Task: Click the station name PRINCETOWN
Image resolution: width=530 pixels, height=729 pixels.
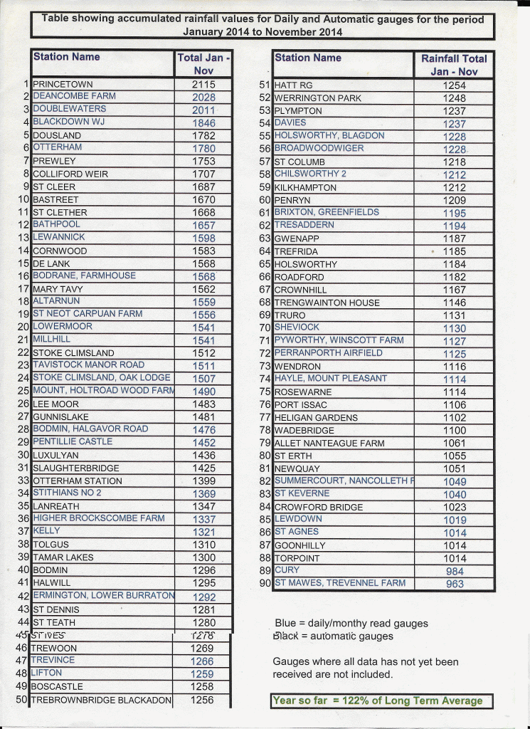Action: click(x=63, y=83)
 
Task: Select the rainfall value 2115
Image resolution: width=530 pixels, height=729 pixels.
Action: click(x=203, y=84)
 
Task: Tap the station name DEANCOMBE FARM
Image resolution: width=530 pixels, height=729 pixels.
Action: click(x=74, y=96)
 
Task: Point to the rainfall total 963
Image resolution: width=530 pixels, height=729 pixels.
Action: click(x=455, y=584)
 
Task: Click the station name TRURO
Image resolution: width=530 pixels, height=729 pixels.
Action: click(x=290, y=315)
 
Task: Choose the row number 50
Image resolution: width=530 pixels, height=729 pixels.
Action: click(x=21, y=701)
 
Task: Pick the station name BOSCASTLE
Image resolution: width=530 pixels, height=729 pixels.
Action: click(x=58, y=687)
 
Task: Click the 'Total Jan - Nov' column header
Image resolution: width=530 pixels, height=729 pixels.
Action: click(x=203, y=64)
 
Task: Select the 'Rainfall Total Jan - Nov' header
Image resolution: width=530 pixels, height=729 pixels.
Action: click(x=455, y=65)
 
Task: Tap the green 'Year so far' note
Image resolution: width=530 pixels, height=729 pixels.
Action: click(x=381, y=701)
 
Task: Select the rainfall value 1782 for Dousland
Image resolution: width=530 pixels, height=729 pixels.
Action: click(x=203, y=135)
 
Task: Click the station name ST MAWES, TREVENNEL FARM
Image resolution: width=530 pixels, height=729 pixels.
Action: click(x=340, y=583)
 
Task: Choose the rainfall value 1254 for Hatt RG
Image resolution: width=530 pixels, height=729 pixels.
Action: click(x=455, y=85)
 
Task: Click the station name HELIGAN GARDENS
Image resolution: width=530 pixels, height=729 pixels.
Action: click(x=316, y=418)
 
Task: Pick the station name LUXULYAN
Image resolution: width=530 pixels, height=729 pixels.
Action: click(x=55, y=455)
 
